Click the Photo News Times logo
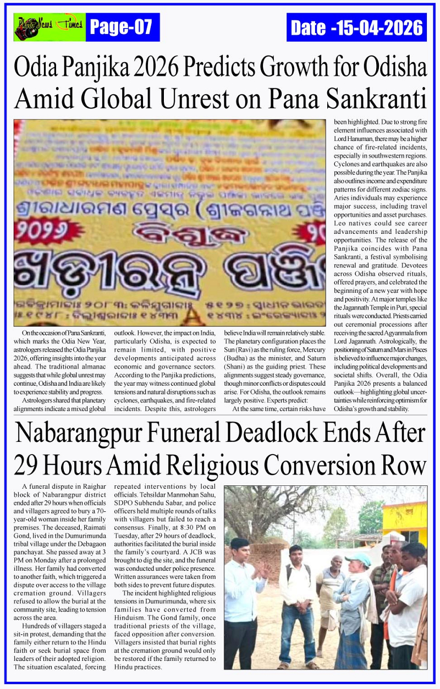(50, 27)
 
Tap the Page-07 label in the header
(122, 27)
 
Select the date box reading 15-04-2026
(356, 27)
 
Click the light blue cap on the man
(359, 560)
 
